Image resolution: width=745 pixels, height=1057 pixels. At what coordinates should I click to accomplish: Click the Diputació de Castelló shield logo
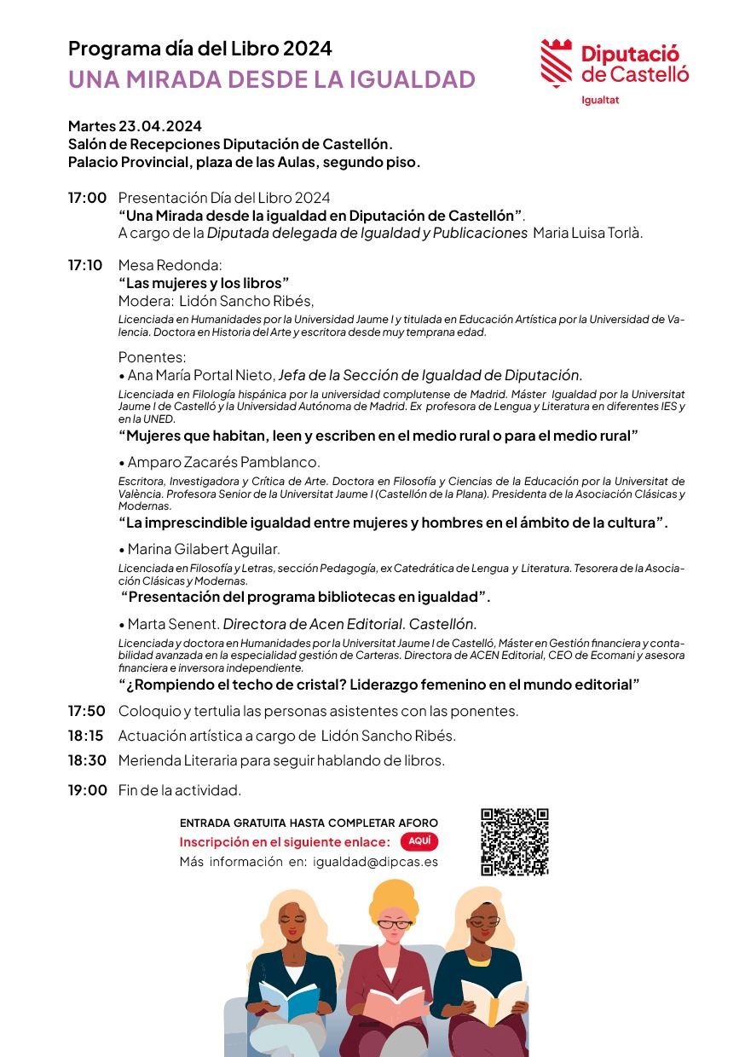point(558,62)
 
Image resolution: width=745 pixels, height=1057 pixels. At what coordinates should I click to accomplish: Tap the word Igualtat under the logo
point(599,100)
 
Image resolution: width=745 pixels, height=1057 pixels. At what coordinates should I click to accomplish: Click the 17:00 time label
point(87,198)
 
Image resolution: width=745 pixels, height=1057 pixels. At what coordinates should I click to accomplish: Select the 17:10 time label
point(85,265)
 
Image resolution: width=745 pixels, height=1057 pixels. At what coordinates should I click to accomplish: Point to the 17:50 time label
point(87,711)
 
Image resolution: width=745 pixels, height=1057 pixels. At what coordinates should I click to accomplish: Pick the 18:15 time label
point(86,736)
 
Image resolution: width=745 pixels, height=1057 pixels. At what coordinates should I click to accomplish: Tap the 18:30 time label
point(87,760)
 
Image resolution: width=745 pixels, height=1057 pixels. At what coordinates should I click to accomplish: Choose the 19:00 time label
point(87,790)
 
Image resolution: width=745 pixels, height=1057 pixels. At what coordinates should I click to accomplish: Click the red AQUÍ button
point(419,841)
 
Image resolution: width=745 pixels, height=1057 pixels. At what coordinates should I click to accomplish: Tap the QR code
point(514,841)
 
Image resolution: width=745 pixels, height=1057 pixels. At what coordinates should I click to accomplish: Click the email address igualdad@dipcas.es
point(376,862)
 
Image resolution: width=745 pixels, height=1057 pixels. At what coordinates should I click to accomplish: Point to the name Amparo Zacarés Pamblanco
point(223,462)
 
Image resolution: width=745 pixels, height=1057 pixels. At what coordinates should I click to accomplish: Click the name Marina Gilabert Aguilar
point(204,549)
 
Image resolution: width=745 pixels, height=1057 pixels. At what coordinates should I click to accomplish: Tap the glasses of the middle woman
point(395,924)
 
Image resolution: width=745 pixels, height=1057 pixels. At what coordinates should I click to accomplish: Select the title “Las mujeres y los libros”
point(205,283)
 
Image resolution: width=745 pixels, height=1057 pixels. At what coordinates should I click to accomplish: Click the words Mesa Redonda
point(170,265)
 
